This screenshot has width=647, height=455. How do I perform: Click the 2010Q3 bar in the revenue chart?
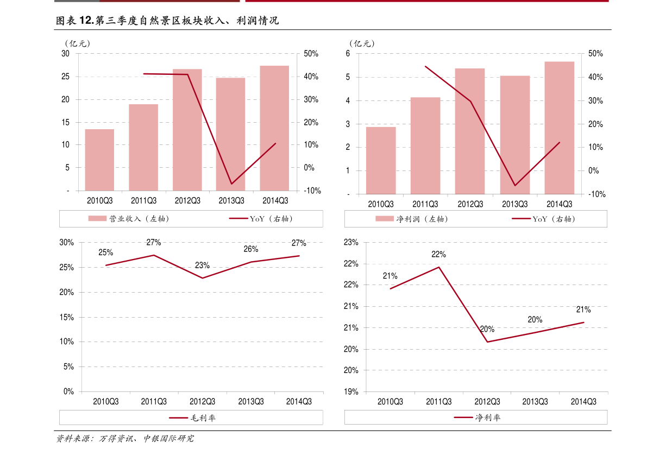point(99,160)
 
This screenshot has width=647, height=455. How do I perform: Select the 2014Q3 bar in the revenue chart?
point(274,128)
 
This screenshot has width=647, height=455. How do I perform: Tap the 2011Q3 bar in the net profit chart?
point(425,146)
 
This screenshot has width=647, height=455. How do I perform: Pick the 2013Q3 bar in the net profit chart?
point(515,135)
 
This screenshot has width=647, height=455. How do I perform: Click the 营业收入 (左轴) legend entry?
point(129,219)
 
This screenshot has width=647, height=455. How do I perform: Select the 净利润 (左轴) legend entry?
point(412,219)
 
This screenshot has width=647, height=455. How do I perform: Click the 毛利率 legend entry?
point(192,418)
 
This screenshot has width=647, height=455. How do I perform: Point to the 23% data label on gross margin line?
point(202,266)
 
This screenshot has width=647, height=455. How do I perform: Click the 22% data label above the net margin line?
point(438,255)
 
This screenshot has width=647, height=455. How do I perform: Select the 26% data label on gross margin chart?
point(251,249)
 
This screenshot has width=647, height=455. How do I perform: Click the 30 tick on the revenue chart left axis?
point(65,54)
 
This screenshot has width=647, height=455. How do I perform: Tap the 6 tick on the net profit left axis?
point(348,54)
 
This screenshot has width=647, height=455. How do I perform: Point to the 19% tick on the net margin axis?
point(351,391)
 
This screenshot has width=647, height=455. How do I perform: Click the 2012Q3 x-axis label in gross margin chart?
point(202,401)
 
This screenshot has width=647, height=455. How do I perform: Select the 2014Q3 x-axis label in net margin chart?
point(583,401)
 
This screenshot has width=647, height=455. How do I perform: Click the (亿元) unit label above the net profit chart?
point(362,43)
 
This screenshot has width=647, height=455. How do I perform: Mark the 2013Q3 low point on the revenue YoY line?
point(231,184)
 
